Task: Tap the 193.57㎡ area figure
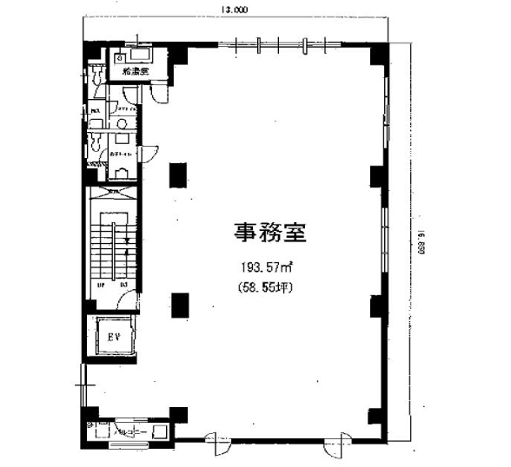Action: pos(269,266)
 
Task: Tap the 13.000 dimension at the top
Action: pos(234,10)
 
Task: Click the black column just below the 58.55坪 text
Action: pos(179,305)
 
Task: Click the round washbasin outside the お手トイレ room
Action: pos(122,123)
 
